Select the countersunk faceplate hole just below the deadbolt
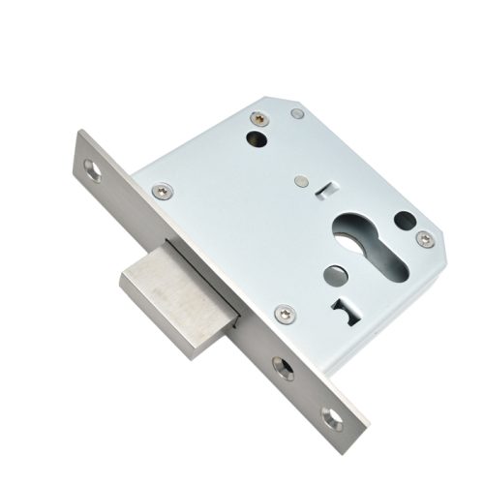[x=282, y=367]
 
